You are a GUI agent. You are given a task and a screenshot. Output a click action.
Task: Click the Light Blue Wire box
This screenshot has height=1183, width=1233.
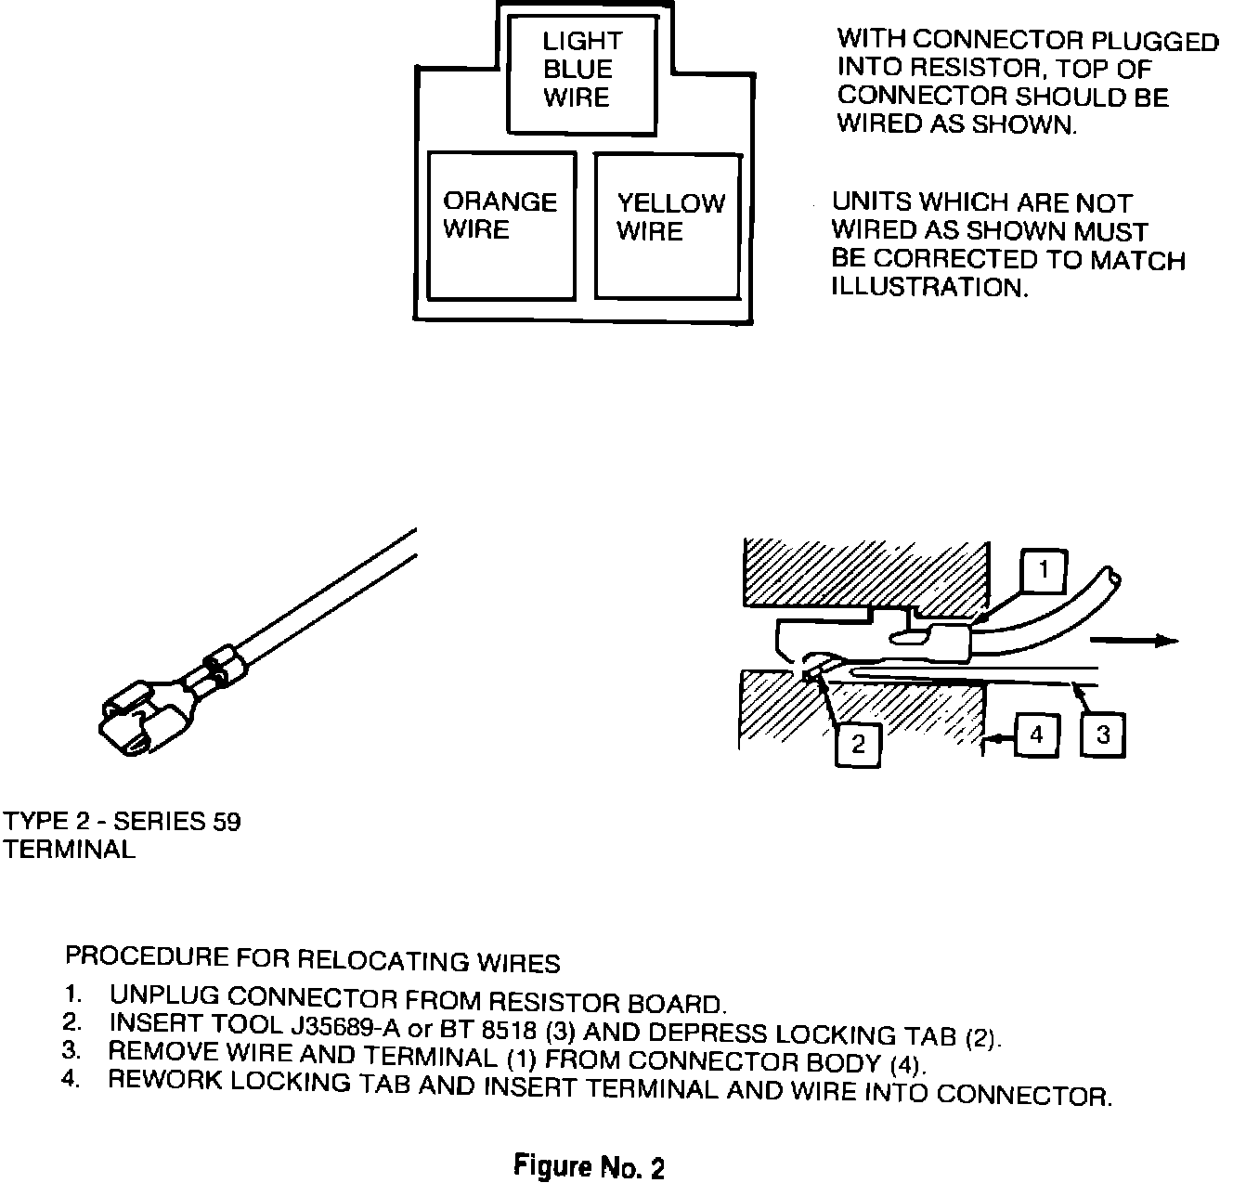(x=581, y=75)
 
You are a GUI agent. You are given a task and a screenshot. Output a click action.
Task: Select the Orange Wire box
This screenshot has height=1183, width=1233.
(x=501, y=225)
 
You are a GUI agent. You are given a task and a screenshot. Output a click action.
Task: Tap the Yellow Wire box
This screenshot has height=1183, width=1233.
(x=668, y=227)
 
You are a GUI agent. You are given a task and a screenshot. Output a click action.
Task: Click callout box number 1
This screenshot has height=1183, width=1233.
(x=1043, y=570)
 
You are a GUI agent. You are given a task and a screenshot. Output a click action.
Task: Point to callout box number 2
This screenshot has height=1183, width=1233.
(x=858, y=745)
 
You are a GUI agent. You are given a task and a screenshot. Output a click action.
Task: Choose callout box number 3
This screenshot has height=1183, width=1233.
(x=1103, y=735)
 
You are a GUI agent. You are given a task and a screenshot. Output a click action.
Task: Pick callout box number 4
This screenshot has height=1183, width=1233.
(x=1036, y=735)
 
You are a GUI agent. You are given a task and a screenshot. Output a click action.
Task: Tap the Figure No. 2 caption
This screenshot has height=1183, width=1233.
(x=589, y=1165)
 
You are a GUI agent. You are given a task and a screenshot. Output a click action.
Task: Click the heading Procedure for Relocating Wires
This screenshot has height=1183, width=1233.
(x=312, y=959)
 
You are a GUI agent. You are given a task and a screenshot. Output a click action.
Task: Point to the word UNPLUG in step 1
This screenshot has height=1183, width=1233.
(x=164, y=995)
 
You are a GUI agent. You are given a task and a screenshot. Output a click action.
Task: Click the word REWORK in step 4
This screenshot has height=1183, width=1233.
(x=164, y=1080)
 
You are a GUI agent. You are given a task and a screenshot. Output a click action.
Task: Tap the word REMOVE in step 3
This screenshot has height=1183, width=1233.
(x=163, y=1051)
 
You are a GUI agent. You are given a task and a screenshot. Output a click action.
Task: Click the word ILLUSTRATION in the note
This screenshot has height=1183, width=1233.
(x=930, y=287)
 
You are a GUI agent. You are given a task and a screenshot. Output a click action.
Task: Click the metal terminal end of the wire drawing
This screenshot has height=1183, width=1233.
(x=147, y=716)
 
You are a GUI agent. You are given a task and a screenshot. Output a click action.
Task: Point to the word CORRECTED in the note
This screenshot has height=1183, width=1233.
(x=967, y=259)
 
